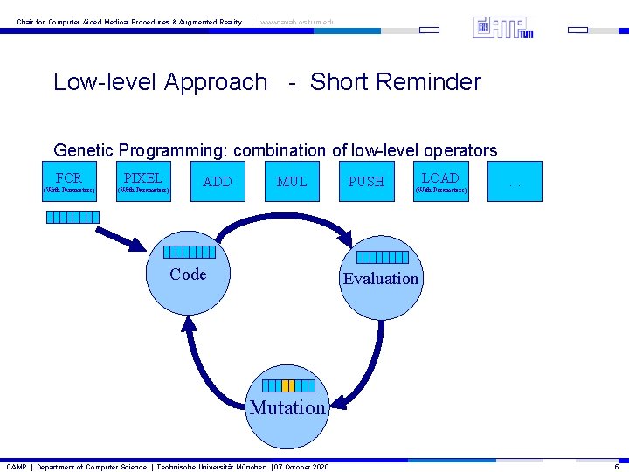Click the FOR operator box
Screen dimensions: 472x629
pos(70,182)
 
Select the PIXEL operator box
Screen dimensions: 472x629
pos(144,182)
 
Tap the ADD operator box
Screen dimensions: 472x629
pos(218,182)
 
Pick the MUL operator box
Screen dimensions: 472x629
pos(292,182)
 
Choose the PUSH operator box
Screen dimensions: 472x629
pos(366,182)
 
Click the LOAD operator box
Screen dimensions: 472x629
pos(440,182)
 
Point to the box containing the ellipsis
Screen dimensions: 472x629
pos(515,182)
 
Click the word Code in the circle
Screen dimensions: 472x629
pos(188,274)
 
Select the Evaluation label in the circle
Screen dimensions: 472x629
pos(381,279)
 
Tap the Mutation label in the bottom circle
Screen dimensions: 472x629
pos(287,407)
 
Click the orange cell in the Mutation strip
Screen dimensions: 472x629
pos(287,385)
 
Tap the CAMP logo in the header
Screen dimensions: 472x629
pos(503,27)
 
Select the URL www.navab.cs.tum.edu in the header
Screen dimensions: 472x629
pos(298,22)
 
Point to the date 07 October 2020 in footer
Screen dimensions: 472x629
pos(301,467)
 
